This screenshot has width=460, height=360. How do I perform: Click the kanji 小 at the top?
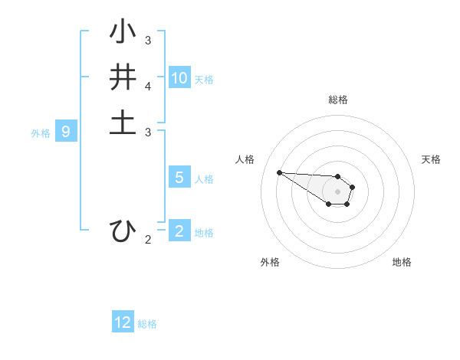pyautogui.click(x=123, y=32)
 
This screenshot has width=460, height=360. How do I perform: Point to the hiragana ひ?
pyautogui.click(x=123, y=231)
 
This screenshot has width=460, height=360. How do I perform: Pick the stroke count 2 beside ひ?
pyautogui.click(x=148, y=240)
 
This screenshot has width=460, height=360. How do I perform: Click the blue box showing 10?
pyautogui.click(x=179, y=78)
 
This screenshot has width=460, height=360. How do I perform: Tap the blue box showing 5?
pyautogui.click(x=179, y=178)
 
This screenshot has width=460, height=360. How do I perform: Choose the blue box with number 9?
pyautogui.click(x=66, y=132)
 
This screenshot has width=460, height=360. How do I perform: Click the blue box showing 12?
pyautogui.click(x=123, y=322)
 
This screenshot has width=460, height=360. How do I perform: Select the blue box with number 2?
pyautogui.click(x=179, y=231)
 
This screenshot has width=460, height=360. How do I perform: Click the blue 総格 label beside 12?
pyautogui.click(x=147, y=325)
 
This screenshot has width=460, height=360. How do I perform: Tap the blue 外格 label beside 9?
pyautogui.click(x=41, y=133)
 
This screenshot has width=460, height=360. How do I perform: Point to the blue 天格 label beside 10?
pyautogui.click(x=204, y=80)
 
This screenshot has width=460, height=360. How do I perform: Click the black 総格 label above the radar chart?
pyautogui.click(x=338, y=100)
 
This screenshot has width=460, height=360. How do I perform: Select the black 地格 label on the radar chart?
pyautogui.click(x=402, y=262)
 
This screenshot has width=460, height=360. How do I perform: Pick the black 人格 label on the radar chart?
pyautogui.click(x=245, y=159)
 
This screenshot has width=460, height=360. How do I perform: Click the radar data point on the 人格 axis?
pyautogui.click(x=279, y=172)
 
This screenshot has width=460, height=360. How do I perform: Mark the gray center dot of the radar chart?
pyautogui.click(x=338, y=191)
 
